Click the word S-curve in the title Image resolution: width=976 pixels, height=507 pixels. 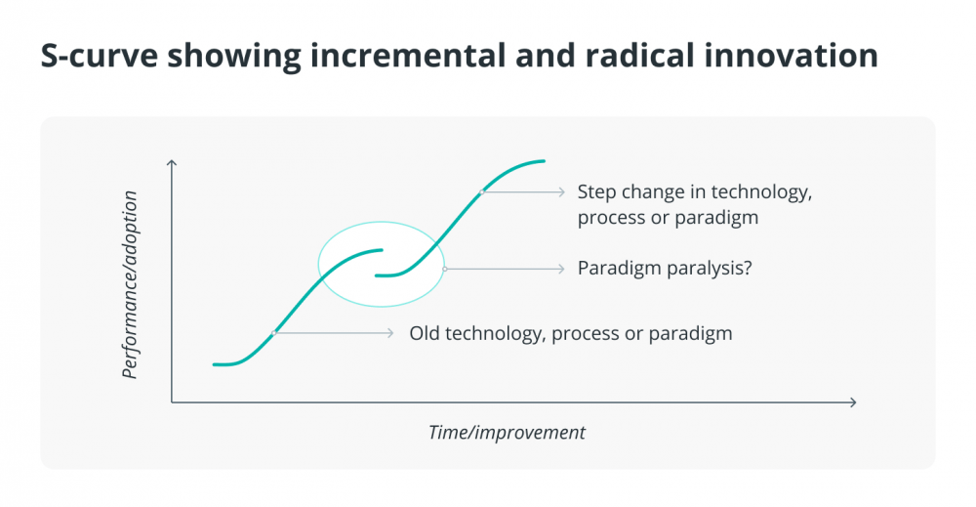point(99,55)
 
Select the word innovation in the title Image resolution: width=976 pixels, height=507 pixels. point(792,55)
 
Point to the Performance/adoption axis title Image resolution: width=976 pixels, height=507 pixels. point(129,284)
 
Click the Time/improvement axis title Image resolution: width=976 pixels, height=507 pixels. point(507,432)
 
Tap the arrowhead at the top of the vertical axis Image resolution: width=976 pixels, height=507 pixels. point(172,162)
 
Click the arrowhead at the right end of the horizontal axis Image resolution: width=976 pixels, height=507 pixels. point(853,402)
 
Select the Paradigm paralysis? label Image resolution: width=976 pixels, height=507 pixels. point(665,268)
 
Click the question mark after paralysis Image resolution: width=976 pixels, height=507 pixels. point(748,268)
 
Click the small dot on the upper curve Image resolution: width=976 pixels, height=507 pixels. point(482,191)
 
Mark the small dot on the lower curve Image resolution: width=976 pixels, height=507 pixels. point(274,333)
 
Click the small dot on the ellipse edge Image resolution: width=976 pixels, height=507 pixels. point(444,269)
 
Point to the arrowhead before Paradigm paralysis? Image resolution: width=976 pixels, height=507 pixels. point(561,269)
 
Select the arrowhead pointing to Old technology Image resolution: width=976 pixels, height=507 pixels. point(390,333)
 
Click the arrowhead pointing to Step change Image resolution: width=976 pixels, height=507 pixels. point(561,191)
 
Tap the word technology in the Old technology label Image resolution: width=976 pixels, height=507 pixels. point(495,333)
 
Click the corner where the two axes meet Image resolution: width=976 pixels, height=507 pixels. point(172,402)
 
